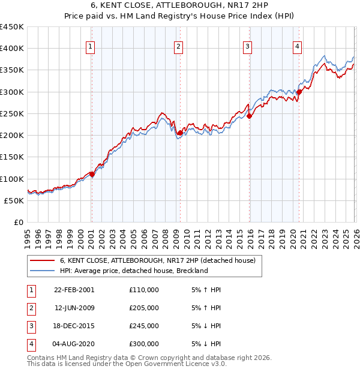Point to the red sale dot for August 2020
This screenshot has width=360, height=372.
coord(298,92)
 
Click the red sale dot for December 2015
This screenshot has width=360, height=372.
coord(249,116)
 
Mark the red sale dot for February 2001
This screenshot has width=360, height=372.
coord(92,174)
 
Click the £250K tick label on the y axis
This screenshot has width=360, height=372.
coord(12,113)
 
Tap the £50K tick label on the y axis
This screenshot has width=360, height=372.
coord(14,200)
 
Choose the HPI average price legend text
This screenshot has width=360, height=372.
coord(133,271)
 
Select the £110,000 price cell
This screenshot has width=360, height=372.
coord(143,290)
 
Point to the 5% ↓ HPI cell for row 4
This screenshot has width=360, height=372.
coord(206,344)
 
